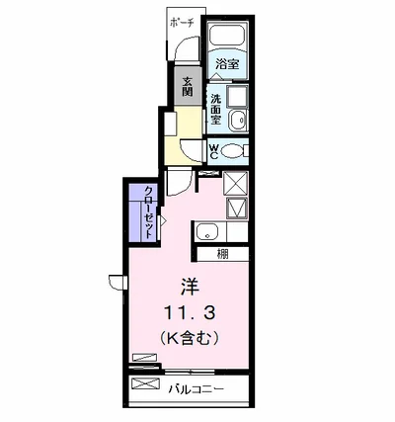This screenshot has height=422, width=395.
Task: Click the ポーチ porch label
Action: coord(182,23)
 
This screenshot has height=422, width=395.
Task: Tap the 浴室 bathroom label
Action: coord(227,64)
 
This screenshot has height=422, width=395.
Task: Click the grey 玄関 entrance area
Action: coord(188,86)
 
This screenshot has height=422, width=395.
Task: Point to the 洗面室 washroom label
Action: coord(216,109)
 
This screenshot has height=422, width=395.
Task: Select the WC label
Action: coord(213,151)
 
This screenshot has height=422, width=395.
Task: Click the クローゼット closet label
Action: coord(149,212)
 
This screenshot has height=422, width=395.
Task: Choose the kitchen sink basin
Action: coord(207,232)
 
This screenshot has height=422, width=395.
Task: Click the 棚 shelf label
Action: coord(222,254)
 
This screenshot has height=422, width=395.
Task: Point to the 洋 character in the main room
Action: coord(190,287)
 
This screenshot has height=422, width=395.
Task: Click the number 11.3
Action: coord(190,312)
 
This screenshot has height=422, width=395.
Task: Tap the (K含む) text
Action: coord(190,338)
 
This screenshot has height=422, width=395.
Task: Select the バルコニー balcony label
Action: coord(197,389)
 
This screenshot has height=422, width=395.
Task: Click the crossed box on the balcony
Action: coord(145,383)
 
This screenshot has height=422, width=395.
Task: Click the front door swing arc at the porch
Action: coord(186,46)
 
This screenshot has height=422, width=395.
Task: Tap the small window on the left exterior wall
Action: coord(118,282)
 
